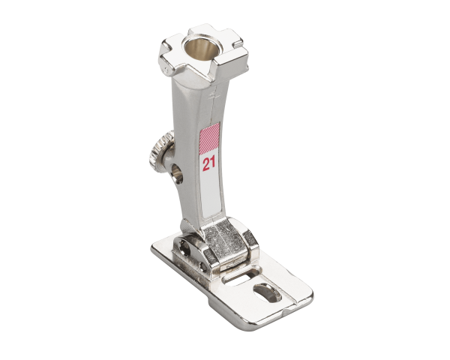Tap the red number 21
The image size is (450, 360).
(206, 162)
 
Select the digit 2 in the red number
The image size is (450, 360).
(203, 162)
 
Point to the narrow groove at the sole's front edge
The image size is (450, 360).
(289, 307)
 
